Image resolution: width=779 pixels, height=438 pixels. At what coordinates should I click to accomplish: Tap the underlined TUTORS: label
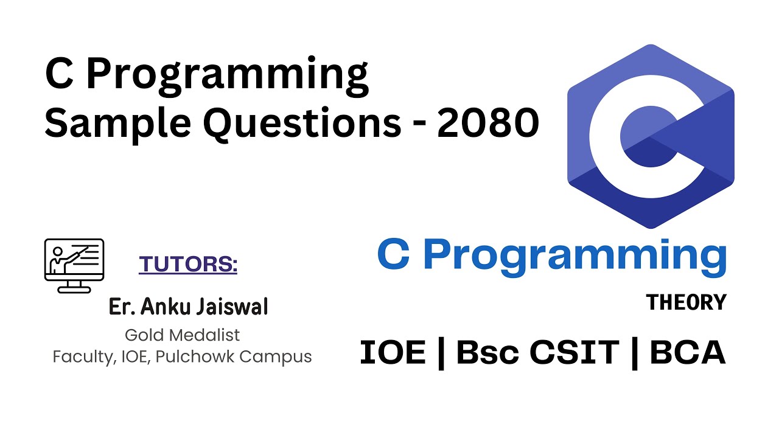point(188,265)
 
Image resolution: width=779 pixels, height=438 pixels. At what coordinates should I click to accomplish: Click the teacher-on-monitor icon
point(74,265)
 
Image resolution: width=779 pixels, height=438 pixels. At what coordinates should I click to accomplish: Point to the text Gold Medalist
point(182,335)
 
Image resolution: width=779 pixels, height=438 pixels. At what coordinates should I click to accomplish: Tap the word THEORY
point(686,302)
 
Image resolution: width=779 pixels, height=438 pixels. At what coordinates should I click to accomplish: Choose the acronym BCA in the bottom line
point(688,353)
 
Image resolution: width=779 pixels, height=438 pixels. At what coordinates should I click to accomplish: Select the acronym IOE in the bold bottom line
point(393,353)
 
